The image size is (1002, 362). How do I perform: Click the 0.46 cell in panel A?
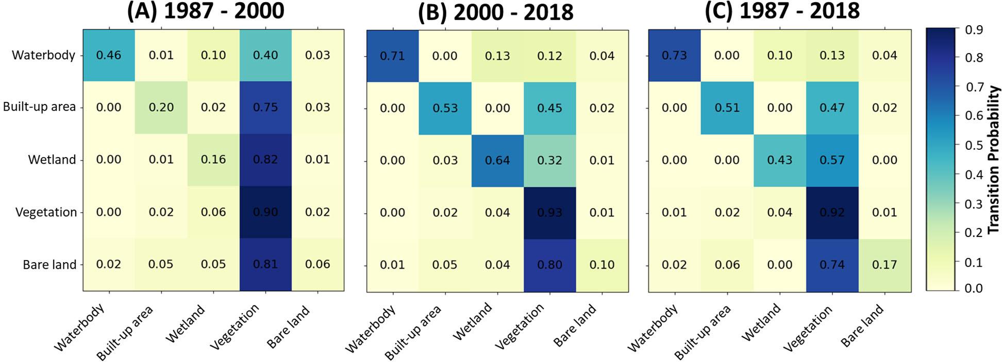click(x=109, y=55)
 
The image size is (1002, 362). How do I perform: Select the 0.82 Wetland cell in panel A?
click(x=265, y=160)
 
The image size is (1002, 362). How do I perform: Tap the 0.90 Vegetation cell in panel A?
click(x=265, y=212)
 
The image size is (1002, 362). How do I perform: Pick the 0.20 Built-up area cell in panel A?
click(x=161, y=107)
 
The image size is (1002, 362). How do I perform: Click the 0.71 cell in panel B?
click(x=392, y=56)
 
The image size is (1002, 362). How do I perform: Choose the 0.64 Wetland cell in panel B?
click(x=497, y=160)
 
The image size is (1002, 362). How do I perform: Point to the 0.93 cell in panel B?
click(x=549, y=213)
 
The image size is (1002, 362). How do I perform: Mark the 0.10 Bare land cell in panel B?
click(x=602, y=265)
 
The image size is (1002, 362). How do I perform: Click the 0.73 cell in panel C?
click(x=674, y=56)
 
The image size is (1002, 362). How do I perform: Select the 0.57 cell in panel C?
click(x=832, y=160)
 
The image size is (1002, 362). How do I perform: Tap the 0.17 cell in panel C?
click(x=884, y=265)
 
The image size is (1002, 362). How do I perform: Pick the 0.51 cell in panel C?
click(x=727, y=108)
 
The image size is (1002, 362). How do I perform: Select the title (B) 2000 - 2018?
click(x=495, y=11)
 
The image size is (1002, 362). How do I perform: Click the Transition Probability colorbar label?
click(x=994, y=160)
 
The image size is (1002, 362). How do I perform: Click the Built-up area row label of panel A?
click(x=39, y=107)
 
